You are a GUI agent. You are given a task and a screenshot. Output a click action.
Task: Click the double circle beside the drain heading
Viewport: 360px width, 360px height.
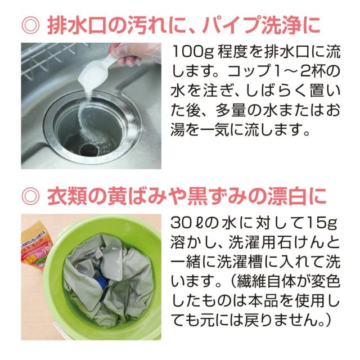coord(31,25)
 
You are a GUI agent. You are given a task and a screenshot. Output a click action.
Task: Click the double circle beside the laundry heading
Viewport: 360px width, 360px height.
coord(31,197)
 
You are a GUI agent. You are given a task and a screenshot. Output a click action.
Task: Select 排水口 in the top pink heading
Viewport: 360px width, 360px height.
coord(77,25)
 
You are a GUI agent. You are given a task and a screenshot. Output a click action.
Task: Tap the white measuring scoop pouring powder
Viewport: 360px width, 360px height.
coord(97,71)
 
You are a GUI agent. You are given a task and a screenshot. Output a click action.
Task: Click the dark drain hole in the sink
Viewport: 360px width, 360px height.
coord(89,150)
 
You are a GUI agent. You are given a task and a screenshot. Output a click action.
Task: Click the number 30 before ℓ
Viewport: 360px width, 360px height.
coord(179,223)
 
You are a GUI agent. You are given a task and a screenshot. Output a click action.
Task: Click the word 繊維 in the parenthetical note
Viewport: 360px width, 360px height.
coord(252,281)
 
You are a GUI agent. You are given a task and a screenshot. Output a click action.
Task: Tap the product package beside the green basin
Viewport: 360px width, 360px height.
coord(36,245)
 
